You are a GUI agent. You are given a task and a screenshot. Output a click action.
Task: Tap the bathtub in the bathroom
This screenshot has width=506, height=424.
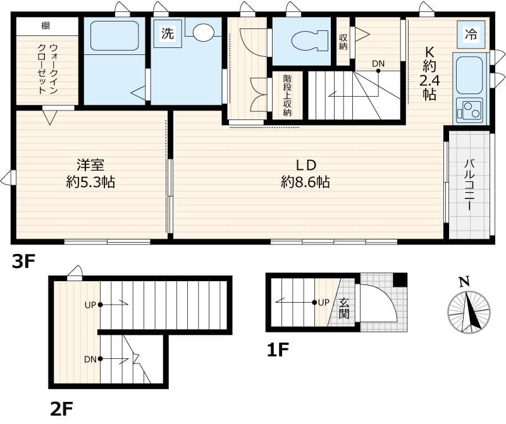(114, 36)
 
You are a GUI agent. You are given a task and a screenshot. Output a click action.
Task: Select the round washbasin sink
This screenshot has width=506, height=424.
(204, 33)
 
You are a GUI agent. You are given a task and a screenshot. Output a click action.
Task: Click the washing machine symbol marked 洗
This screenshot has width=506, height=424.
(167, 34)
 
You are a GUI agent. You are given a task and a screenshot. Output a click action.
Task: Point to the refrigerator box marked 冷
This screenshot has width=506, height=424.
(471, 33)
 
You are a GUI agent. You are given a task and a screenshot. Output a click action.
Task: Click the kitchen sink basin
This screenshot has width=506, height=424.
(469, 75)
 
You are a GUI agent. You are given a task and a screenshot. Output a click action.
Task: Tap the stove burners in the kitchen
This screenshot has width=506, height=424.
(469, 111)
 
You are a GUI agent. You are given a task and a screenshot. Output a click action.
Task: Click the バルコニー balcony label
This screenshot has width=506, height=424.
(469, 185)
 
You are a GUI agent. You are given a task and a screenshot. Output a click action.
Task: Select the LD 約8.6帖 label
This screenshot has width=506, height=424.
(305, 174)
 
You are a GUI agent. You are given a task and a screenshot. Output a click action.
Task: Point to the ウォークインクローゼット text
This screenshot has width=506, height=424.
(47, 68)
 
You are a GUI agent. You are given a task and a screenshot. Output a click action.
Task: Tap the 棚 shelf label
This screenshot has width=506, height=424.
(46, 26)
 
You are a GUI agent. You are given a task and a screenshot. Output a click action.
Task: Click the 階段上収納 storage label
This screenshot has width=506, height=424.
(287, 95)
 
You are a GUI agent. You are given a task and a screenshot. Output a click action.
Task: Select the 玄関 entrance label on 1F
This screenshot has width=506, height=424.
(344, 308)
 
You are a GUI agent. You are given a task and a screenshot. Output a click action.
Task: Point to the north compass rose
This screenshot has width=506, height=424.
(469, 311)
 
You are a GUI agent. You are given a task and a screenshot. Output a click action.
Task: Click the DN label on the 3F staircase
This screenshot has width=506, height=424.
(378, 63)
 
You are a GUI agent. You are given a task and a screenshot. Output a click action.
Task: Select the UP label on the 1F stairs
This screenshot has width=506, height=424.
(323, 302)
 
